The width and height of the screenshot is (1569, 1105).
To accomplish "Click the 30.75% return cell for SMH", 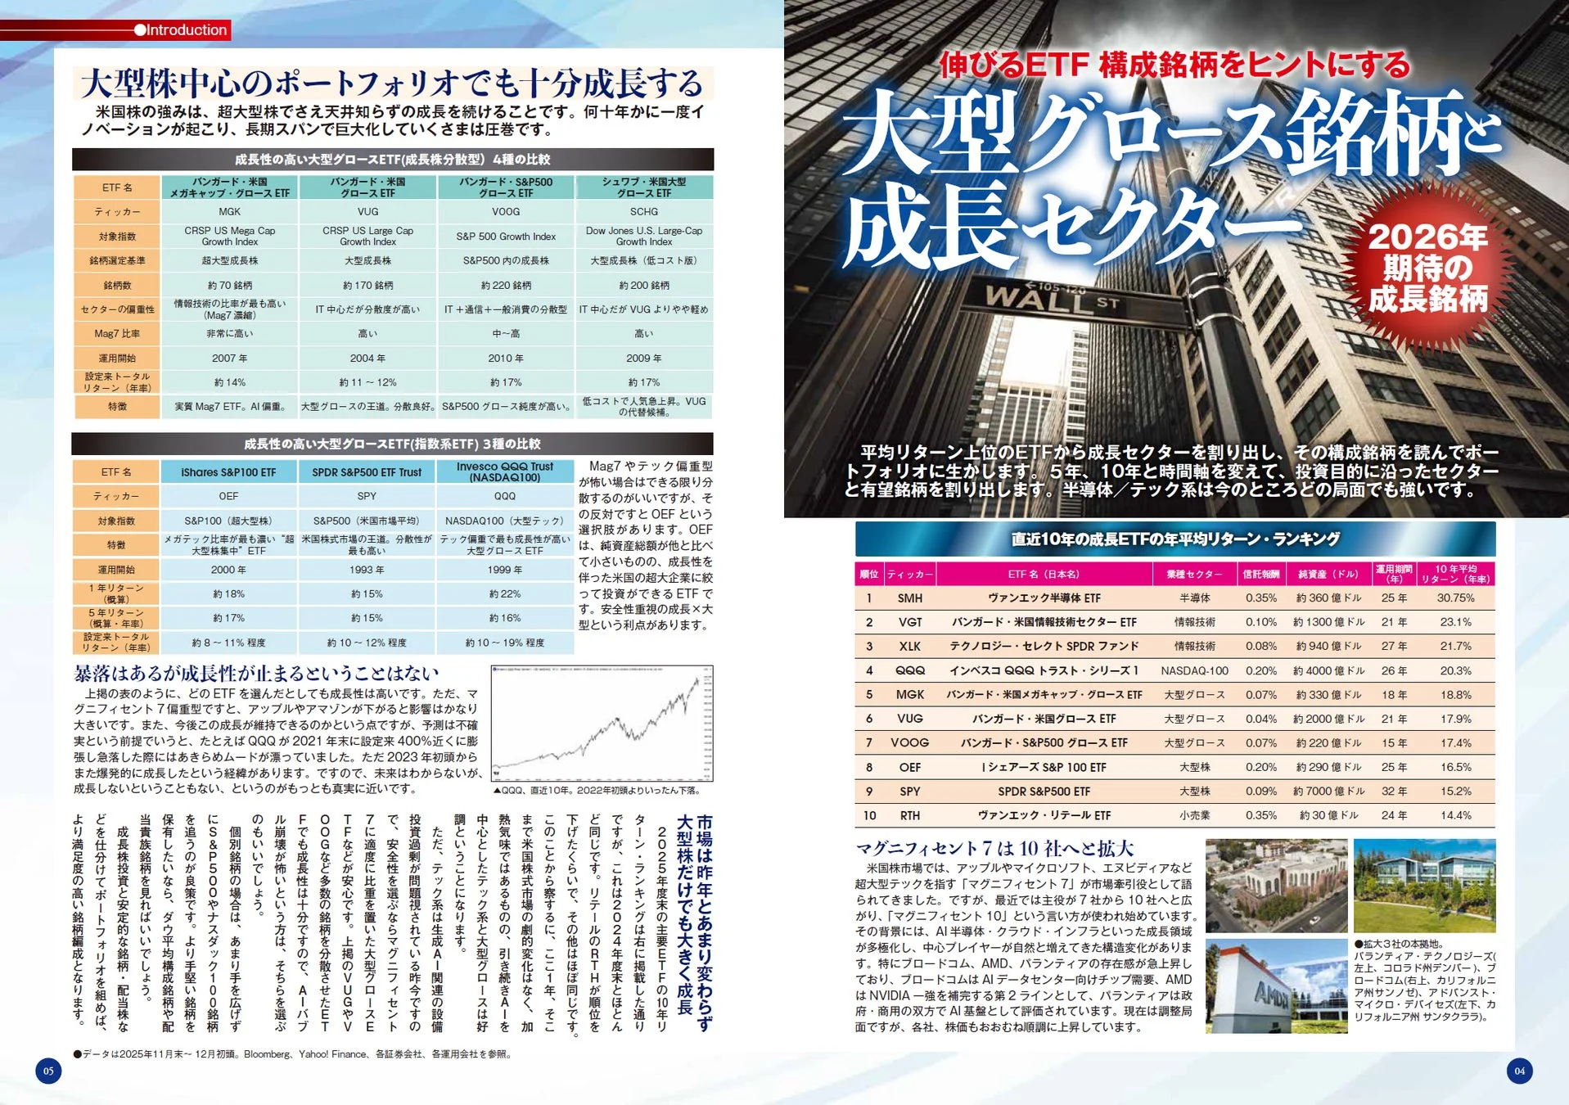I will (x=1455, y=598).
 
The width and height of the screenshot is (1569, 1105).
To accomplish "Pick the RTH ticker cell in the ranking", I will (x=909, y=816).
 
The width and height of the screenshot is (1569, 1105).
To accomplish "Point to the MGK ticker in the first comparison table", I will (x=229, y=212).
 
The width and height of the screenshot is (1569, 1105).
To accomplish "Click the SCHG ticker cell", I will (x=643, y=212).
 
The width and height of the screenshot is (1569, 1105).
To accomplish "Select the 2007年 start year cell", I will (x=229, y=359).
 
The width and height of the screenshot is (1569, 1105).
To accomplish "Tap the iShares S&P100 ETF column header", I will (x=228, y=472).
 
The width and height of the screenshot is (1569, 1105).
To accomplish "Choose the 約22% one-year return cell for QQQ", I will (x=504, y=594).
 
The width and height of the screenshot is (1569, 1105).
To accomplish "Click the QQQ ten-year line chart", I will (x=602, y=723).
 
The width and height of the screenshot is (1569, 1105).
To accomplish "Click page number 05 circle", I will (x=48, y=1071).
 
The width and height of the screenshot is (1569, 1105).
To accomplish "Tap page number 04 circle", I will (x=1519, y=1071).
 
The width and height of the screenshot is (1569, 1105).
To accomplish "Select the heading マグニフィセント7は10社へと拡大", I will (x=994, y=848).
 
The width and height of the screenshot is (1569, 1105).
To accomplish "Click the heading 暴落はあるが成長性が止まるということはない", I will (x=256, y=674).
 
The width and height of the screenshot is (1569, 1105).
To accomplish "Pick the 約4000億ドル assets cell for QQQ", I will (x=1328, y=671).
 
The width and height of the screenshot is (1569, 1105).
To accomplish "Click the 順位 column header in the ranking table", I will (x=868, y=575).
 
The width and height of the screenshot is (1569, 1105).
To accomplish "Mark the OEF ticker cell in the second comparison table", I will (x=228, y=497).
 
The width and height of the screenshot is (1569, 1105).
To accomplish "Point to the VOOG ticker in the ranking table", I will (x=909, y=743).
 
